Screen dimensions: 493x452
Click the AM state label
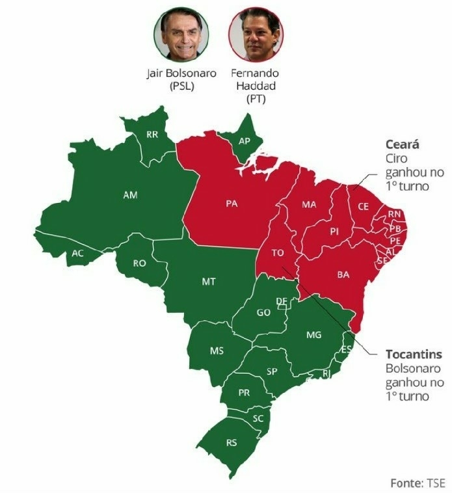click(x=130, y=194)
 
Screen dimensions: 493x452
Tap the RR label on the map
click(x=152, y=135)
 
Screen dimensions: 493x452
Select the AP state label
click(x=245, y=141)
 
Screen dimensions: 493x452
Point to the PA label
click(x=232, y=204)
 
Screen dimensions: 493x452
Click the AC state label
click(x=77, y=253)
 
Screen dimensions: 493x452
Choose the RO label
click(x=139, y=263)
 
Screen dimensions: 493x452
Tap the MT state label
click(x=209, y=282)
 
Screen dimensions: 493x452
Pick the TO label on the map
click(x=278, y=253)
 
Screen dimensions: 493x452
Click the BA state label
click(x=343, y=274)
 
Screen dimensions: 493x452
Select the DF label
click(x=282, y=300)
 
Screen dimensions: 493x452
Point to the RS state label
click(x=232, y=443)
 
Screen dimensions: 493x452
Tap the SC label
click(x=258, y=418)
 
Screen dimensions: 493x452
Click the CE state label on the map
click(x=364, y=206)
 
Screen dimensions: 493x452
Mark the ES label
click(x=347, y=349)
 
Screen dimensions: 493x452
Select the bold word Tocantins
click(x=414, y=354)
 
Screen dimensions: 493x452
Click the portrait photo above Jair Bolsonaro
click(x=181, y=34)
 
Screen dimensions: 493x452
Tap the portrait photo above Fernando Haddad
click(x=256, y=34)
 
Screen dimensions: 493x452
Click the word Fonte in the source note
click(x=406, y=483)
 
